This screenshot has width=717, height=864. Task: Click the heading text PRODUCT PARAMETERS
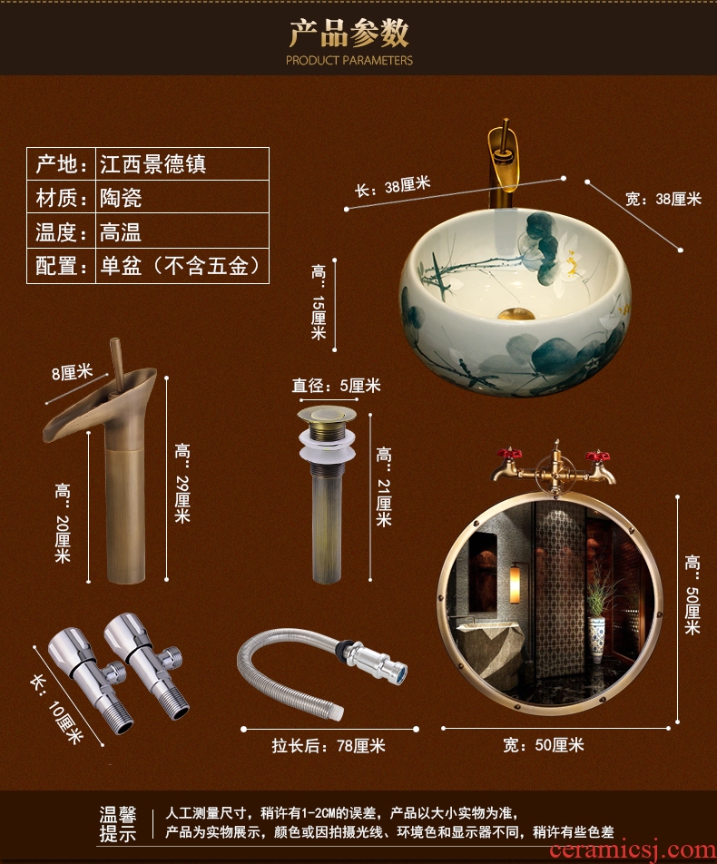[349, 60]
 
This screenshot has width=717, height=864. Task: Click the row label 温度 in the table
[55, 232]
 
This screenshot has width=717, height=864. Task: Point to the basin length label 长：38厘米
[392, 186]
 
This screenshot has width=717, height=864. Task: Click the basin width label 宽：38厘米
[663, 199]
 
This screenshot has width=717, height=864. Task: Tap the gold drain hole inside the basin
[516, 315]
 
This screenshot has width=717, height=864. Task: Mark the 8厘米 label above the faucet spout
[73, 373]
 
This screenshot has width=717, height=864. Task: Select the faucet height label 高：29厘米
[182, 483]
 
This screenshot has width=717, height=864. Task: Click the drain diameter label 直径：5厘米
[336, 386]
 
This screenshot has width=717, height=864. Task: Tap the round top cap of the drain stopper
[327, 414]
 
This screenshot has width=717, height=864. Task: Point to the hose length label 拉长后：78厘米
[329, 746]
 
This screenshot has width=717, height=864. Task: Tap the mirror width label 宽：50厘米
[544, 745]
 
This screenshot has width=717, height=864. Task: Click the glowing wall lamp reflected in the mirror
[516, 584]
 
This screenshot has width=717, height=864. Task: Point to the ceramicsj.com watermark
[633, 850]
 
